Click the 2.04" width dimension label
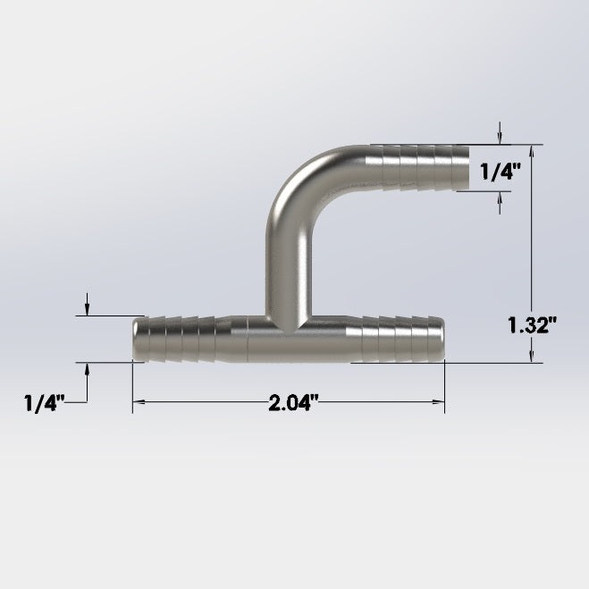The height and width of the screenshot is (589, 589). point(293,403)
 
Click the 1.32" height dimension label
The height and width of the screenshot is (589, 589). point(532,325)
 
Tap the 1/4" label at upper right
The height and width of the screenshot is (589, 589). point(501,172)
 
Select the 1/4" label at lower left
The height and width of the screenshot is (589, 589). point(45,403)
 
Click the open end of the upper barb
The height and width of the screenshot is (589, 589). point(468,167)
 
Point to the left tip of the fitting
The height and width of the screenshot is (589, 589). point(133,340)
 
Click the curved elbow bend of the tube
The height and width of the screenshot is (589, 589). point(297,181)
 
